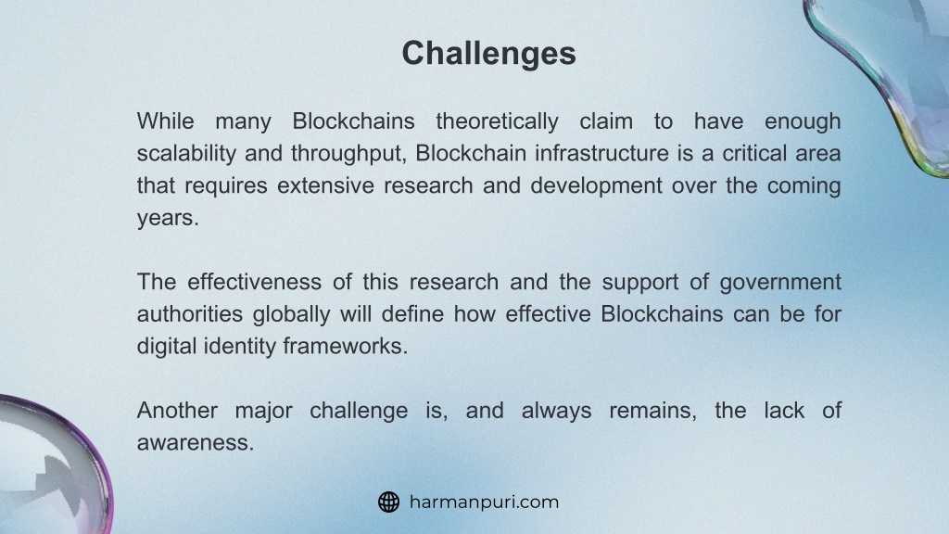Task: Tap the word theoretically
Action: tap(497, 122)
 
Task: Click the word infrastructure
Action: tap(601, 153)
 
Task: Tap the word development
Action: tap(596, 186)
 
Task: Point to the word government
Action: tap(780, 283)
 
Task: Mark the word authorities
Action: tap(189, 313)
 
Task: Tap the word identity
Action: tap(240, 347)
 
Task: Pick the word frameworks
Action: tap(345, 346)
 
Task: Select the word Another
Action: tap(177, 411)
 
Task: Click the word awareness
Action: tap(196, 442)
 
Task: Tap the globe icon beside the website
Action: tap(388, 502)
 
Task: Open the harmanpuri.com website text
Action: tap(484, 502)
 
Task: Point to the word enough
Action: tap(803, 122)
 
